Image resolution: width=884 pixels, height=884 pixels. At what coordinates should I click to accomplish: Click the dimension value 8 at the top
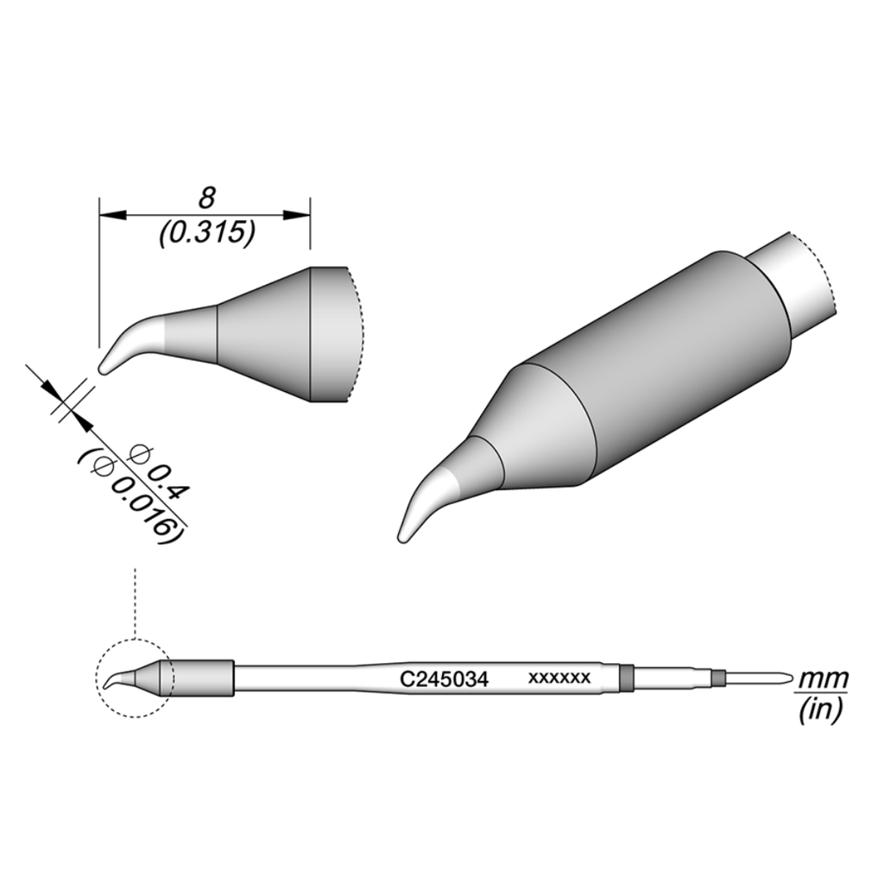click(206, 199)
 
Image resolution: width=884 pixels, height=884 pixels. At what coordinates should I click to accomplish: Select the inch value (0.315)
click(206, 234)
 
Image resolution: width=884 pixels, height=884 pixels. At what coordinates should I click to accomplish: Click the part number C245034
click(444, 679)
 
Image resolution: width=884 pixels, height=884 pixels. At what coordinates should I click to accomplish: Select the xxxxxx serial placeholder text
click(559, 679)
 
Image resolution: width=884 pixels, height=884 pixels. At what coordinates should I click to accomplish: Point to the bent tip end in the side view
click(104, 369)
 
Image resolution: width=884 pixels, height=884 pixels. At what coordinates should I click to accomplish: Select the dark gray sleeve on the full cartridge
click(204, 679)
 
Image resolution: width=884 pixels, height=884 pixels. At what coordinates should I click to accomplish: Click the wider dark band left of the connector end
click(627, 679)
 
